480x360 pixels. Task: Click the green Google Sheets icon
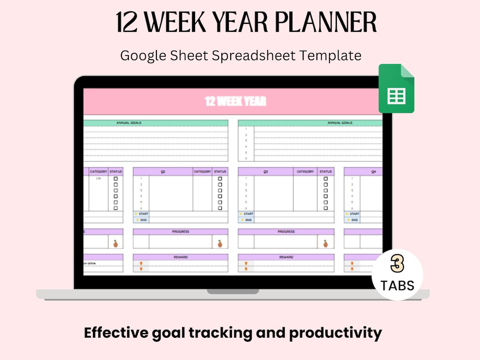click(396, 88)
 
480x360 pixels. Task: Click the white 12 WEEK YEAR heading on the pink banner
click(236, 101)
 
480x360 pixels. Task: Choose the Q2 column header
click(163, 172)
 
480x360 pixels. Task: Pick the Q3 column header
click(266, 172)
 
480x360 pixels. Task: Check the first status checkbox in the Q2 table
click(220, 179)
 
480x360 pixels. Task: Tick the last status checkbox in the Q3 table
click(326, 208)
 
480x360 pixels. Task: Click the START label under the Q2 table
click(143, 214)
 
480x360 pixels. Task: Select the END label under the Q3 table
click(248, 220)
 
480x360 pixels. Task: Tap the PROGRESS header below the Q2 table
click(180, 232)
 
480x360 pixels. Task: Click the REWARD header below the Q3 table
click(286, 257)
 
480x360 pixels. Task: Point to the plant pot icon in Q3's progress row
click(325, 243)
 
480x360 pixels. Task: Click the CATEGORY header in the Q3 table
click(305, 172)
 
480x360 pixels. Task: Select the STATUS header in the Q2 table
click(220, 172)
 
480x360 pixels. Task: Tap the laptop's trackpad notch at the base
click(233, 292)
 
